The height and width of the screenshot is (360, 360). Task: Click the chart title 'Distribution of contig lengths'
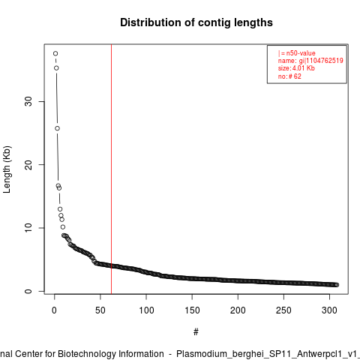196,22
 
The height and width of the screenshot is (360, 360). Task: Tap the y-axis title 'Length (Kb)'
7,169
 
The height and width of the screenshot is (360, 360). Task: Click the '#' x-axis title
196,332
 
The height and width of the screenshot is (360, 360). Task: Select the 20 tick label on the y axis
28,165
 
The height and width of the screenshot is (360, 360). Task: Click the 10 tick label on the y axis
28,228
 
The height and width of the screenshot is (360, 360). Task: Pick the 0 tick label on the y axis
28,291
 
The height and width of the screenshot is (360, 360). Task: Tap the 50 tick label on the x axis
100,310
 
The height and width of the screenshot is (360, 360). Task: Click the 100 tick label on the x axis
146,310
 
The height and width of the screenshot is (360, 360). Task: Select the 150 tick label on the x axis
192,310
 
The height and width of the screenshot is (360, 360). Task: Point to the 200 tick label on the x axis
238,310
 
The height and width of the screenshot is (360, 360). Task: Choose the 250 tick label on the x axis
283,310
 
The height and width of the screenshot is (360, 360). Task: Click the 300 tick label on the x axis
330,310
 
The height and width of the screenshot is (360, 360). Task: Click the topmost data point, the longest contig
55,53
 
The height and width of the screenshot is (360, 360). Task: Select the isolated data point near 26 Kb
57,128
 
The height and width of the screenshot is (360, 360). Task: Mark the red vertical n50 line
111,169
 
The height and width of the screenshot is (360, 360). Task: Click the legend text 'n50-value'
301,53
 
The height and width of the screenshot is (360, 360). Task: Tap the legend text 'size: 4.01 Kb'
296,68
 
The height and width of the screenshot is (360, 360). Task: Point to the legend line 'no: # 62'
289,76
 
